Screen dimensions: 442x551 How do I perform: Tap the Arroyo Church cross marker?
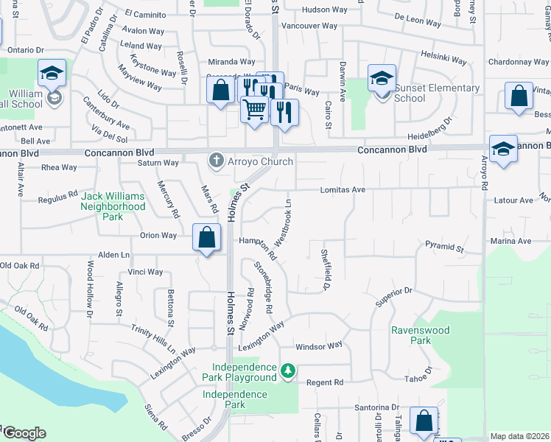[x=217, y=160]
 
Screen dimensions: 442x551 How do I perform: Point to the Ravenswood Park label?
[x=420, y=336]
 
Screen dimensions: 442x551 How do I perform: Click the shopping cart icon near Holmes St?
[x=254, y=109]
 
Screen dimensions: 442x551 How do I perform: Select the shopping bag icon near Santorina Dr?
[x=424, y=421]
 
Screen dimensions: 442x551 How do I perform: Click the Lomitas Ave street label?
[x=343, y=189]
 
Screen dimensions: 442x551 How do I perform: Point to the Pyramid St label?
[x=443, y=245]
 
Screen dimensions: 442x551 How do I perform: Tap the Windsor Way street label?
[x=319, y=345]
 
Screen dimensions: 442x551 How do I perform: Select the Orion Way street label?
[x=158, y=236]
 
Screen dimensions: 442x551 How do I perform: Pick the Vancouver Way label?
[x=309, y=26]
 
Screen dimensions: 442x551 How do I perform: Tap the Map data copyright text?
[x=519, y=436]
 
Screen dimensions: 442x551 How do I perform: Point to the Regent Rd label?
[x=325, y=382]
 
